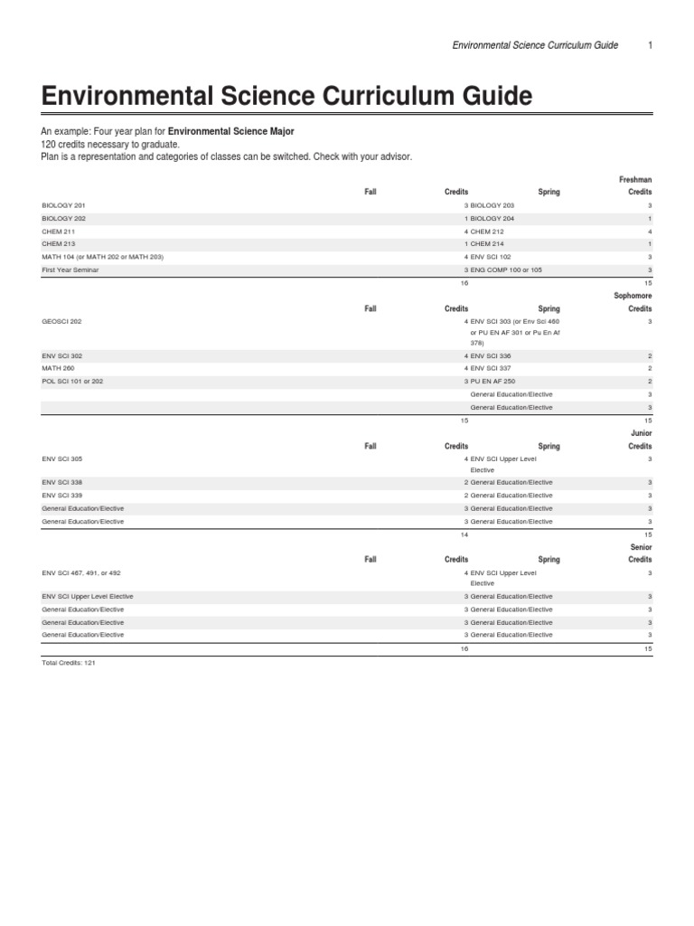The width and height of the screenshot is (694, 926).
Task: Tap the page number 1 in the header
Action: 650,45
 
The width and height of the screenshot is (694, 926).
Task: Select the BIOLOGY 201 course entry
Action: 63,205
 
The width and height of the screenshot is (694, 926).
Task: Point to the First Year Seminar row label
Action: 70,269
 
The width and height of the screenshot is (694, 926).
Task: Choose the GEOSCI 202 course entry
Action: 61,321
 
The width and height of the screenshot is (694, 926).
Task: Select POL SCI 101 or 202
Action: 72,382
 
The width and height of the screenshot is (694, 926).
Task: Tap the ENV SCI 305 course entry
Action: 61,459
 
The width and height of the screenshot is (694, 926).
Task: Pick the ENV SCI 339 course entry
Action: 61,496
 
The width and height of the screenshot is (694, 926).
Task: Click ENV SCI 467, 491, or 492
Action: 82,573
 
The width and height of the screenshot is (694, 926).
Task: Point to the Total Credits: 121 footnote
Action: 69,663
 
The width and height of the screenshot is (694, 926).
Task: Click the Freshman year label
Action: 634,180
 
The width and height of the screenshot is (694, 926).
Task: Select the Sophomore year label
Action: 632,296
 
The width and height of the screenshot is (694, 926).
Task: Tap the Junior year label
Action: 640,433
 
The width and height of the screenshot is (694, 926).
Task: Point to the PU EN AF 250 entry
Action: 498,382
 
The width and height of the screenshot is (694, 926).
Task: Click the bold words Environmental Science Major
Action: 231,131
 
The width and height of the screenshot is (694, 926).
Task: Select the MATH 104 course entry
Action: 102,257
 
